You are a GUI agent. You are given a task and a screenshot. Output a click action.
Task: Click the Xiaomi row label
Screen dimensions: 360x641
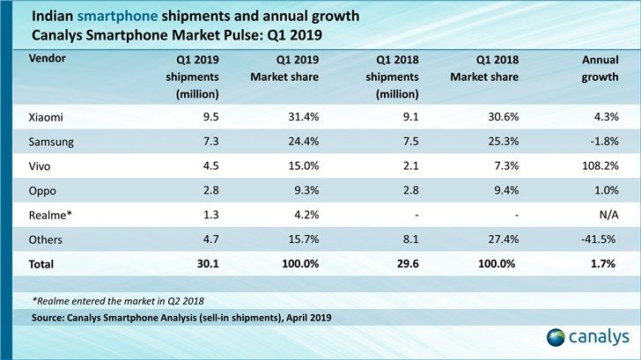(46, 117)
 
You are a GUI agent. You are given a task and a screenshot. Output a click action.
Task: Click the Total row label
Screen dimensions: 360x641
(42, 264)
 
